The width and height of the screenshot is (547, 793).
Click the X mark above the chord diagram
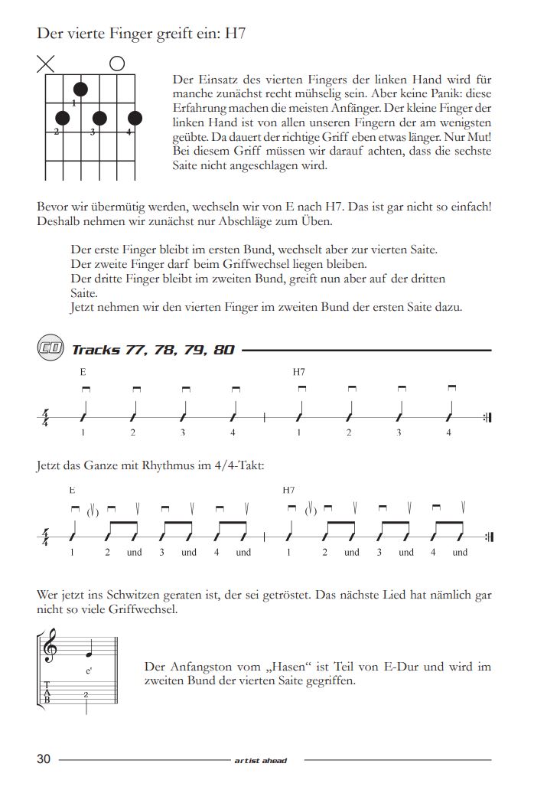tap(46, 64)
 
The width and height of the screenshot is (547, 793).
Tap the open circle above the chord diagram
tap(117, 64)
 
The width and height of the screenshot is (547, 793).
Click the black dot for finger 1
tap(80, 90)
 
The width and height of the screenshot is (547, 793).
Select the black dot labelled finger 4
tap(135, 118)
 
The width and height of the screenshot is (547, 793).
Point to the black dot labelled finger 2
tap(63, 118)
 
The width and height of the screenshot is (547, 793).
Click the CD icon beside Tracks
tap(50, 349)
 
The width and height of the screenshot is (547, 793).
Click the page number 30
tap(44, 759)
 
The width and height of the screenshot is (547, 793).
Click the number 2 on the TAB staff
tap(86, 694)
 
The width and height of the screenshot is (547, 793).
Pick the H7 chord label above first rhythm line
tap(299, 372)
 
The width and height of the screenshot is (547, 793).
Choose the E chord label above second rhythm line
tap(72, 489)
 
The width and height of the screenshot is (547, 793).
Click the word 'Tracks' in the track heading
tap(96, 350)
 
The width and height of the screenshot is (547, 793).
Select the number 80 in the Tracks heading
tap(223, 350)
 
